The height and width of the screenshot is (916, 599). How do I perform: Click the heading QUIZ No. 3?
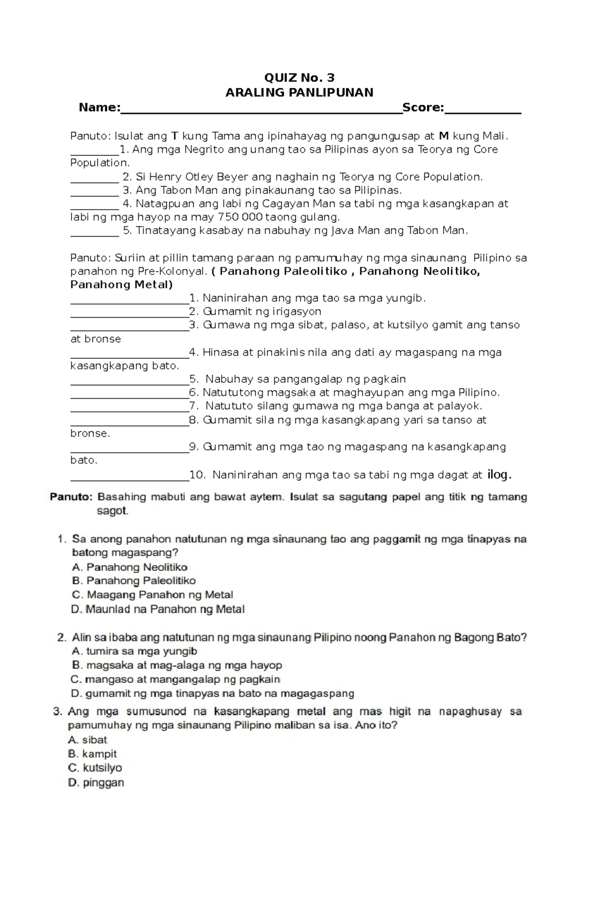click(299, 77)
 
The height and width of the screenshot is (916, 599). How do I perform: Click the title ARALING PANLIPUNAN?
click(299, 92)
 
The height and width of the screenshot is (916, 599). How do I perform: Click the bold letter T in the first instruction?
click(175, 136)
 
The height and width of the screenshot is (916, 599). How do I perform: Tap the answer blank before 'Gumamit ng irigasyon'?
click(129, 313)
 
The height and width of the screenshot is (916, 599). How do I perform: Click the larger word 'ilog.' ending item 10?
click(499, 475)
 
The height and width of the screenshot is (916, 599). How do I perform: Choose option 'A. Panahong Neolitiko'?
click(130, 567)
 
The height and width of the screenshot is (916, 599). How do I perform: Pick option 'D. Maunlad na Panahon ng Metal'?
click(158, 609)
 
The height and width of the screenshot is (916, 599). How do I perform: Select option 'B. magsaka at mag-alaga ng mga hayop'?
click(177, 665)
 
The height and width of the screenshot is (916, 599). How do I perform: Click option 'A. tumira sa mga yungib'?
click(135, 651)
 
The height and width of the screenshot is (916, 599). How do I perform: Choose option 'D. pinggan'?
click(96, 783)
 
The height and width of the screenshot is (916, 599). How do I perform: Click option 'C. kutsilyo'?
click(95, 768)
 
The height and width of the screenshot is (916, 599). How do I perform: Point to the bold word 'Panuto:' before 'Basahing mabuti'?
click(71, 497)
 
